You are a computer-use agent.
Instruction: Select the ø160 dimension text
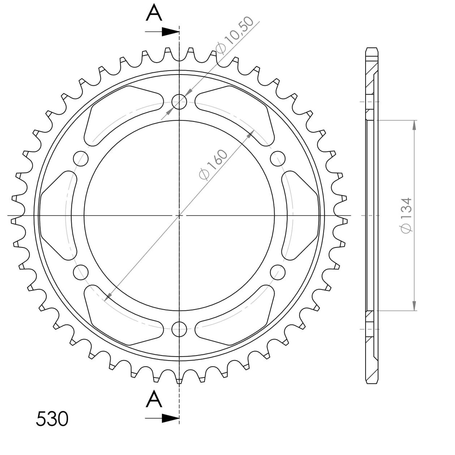coord(214,165)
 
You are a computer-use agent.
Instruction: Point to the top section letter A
coord(154,13)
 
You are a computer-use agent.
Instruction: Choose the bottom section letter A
coord(154,399)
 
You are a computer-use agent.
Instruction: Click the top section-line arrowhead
coord(170,32)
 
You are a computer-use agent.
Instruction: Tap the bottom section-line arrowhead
coord(170,418)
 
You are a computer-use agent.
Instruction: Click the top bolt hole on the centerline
coord(179,102)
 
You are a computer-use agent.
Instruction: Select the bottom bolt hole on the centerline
coord(179,329)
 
